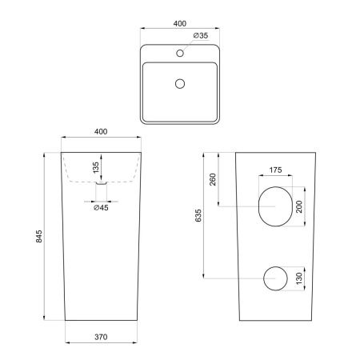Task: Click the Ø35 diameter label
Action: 201,35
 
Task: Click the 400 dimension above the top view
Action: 180,23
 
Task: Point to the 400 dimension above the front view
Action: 101,131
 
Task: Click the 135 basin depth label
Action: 96,167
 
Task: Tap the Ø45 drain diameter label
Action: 101,207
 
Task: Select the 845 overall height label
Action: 39,236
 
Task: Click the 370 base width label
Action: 101,337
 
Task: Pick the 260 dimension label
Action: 213,179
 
